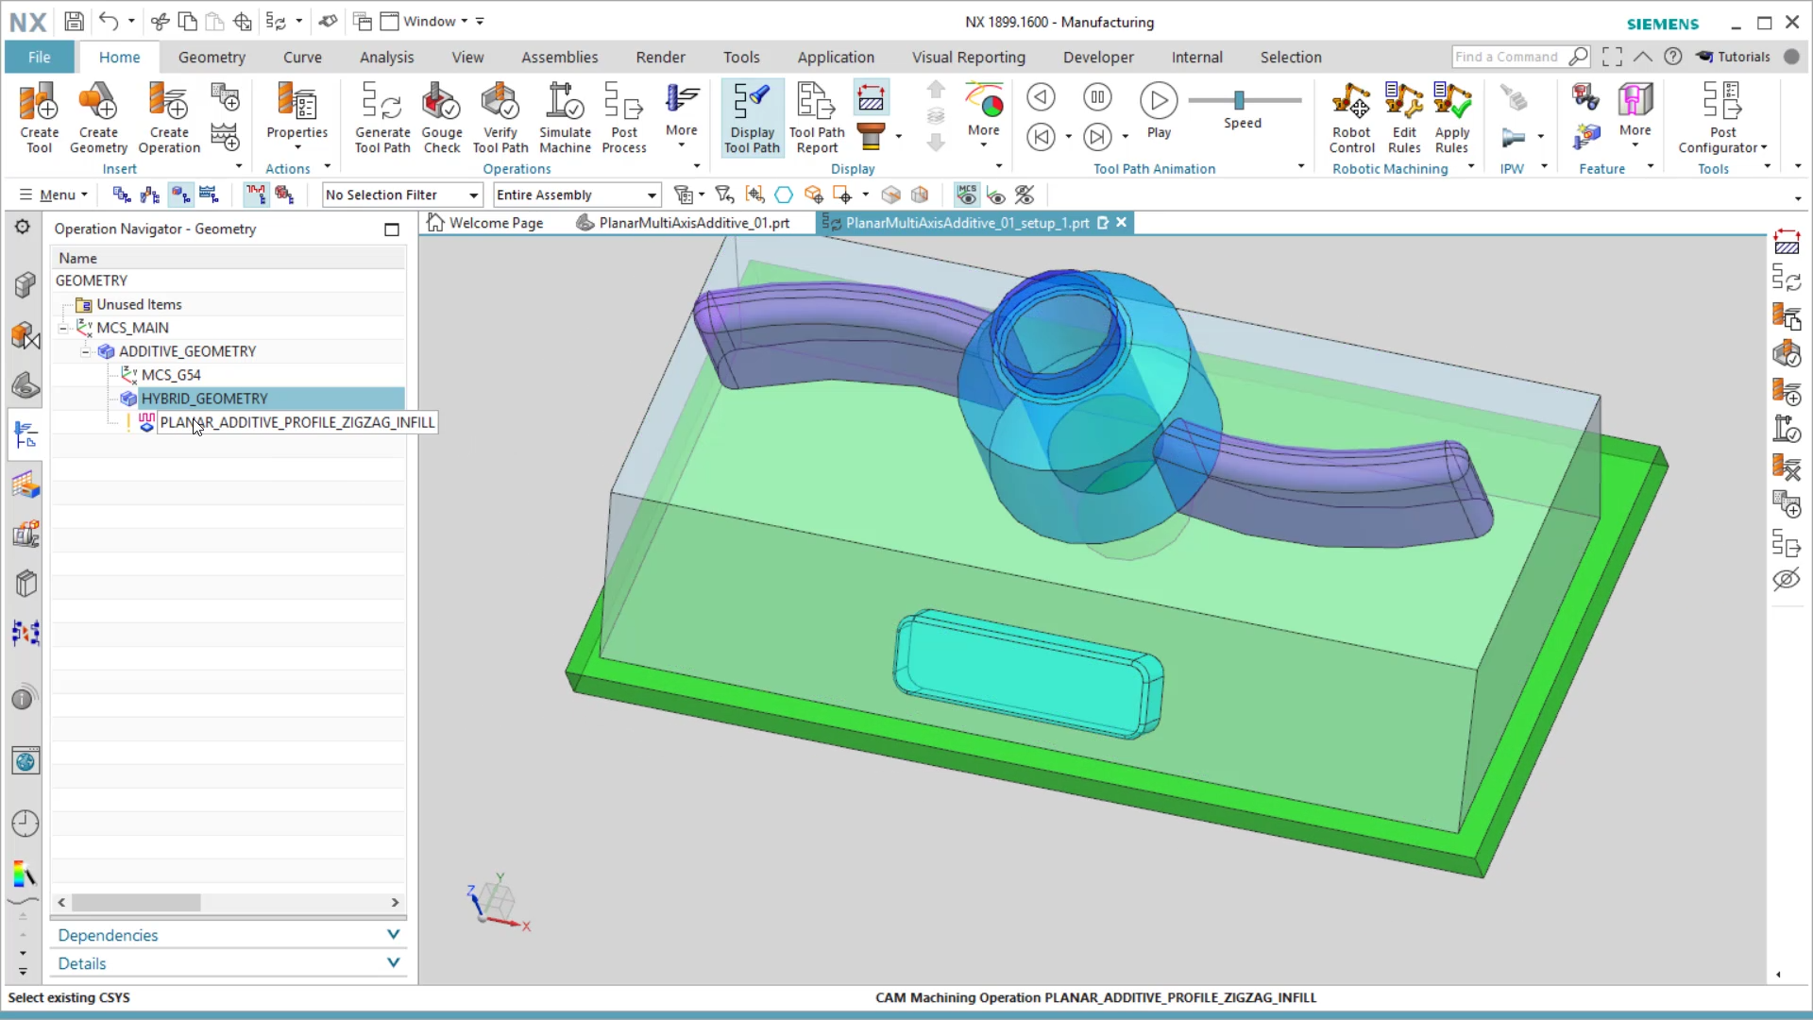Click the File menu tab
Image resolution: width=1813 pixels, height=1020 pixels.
[x=39, y=57]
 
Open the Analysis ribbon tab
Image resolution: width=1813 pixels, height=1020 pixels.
[x=386, y=57]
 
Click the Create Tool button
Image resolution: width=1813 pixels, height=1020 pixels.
[x=40, y=117]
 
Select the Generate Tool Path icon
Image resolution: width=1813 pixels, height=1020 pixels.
[x=382, y=117]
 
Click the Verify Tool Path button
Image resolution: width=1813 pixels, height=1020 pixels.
[x=500, y=117]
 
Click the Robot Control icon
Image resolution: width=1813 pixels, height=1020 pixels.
[x=1351, y=117]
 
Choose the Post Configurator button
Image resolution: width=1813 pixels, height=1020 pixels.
[x=1721, y=117]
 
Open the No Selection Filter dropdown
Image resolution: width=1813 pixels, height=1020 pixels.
[x=402, y=195]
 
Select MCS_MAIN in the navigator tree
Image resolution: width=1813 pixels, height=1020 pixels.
[x=132, y=328]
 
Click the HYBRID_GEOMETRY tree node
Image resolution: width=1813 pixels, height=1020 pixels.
[x=204, y=399]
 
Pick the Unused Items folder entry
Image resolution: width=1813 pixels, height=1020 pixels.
[x=139, y=304]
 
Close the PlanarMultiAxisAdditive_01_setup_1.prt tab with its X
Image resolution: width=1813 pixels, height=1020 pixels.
[x=1122, y=223]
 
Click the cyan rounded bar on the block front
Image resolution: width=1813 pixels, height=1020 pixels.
[x=1028, y=673]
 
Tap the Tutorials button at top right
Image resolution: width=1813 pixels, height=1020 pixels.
[x=1733, y=57]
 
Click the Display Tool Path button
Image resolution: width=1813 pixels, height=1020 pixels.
[x=753, y=117]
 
